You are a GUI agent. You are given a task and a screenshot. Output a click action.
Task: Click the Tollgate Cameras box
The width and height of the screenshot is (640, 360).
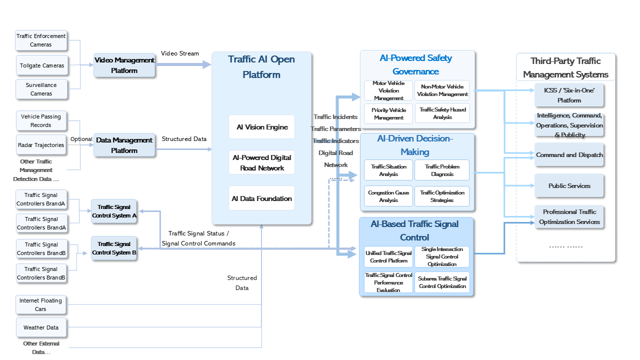point(41,65)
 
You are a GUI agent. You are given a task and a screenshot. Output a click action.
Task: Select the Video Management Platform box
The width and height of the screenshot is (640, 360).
point(124,65)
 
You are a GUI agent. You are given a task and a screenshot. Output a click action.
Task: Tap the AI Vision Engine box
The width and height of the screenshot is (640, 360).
point(262,127)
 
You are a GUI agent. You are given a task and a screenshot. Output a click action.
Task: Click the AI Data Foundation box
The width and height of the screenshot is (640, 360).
point(262,198)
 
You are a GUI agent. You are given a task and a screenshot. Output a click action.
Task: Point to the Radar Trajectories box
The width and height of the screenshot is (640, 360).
point(41,145)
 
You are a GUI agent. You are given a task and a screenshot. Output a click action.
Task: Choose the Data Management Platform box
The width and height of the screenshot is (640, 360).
point(124,145)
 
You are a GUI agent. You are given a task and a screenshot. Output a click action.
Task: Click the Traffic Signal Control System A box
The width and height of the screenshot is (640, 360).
point(114,211)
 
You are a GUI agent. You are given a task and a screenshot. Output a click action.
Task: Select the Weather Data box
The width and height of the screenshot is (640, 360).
point(41,327)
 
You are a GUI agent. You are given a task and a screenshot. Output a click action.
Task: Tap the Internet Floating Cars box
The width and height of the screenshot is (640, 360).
point(41,304)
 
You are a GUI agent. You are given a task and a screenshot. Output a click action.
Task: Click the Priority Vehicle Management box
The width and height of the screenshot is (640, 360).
point(388,113)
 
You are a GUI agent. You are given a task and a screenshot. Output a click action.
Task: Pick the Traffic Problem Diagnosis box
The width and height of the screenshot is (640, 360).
point(442,170)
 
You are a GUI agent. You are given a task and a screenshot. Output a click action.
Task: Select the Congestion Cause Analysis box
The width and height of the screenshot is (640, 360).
point(388,196)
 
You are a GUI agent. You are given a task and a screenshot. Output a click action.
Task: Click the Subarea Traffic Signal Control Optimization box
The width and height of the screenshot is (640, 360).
point(442,282)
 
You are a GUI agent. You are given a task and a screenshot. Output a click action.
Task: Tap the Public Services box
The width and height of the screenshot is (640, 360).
point(569,185)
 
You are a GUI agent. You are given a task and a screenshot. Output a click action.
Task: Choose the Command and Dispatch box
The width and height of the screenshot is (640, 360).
point(569,155)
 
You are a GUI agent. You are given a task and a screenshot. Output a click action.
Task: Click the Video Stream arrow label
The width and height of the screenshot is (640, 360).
point(180,53)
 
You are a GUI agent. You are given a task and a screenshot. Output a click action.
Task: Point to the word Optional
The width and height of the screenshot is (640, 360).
point(81,139)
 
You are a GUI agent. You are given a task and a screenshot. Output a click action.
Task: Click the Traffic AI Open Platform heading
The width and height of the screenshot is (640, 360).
point(261,67)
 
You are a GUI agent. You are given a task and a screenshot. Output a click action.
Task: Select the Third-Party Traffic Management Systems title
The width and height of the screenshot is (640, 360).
point(565,67)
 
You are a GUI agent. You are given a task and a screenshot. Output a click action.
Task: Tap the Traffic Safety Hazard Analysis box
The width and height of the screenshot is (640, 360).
point(442,113)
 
